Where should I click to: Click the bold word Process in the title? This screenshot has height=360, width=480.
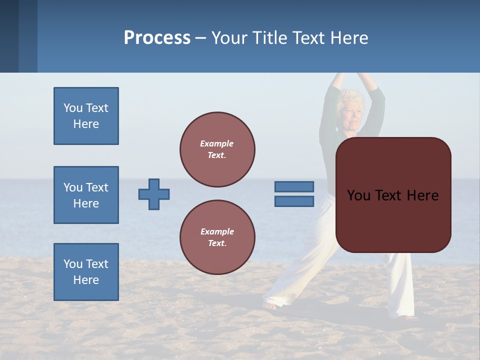(x=157, y=37)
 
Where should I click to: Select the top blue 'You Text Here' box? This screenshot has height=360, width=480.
(x=86, y=116)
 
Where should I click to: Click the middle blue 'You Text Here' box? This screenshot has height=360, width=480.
(x=86, y=195)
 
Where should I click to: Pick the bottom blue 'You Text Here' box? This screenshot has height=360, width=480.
(x=86, y=272)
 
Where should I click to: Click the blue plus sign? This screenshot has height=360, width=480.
(x=154, y=194)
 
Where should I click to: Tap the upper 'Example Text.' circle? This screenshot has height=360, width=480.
(x=217, y=149)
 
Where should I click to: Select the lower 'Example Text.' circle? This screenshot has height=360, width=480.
(x=217, y=237)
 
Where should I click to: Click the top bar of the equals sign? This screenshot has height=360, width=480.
(x=294, y=186)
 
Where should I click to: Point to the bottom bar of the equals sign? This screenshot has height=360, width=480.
(x=294, y=201)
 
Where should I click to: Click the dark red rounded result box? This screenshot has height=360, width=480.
(x=393, y=195)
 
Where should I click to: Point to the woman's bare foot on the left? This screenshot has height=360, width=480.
(x=270, y=305)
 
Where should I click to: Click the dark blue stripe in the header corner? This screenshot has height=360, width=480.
(x=9, y=36)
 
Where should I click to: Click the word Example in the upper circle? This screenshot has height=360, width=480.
(x=216, y=143)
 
